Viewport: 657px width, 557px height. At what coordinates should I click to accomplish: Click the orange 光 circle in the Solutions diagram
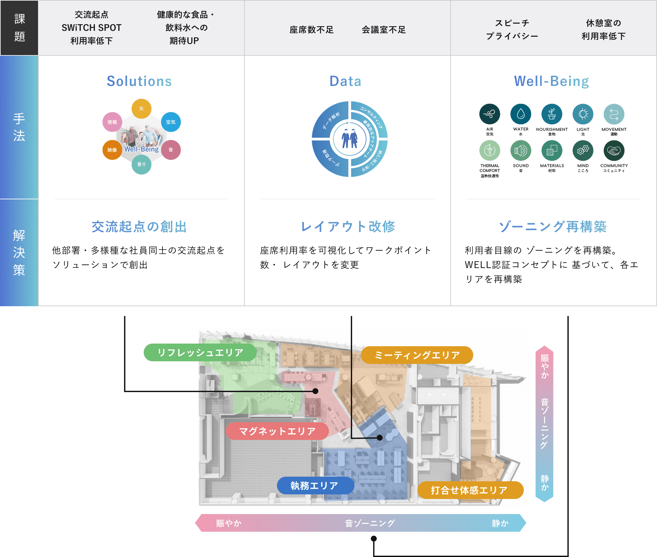pos(141,109)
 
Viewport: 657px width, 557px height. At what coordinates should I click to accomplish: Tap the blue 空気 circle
pos(171,122)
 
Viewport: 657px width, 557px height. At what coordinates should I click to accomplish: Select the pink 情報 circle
pos(112,122)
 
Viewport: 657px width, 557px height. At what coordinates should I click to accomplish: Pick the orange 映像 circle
pos(112,150)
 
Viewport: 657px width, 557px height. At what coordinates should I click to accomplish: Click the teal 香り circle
pos(141,164)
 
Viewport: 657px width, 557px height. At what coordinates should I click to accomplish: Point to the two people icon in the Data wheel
pos(350,139)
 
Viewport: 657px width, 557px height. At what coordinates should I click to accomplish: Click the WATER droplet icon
pos(520,114)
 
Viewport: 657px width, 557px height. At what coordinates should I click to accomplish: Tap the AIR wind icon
pos(490,114)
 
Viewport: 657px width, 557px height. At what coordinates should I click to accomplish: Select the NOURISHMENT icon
pos(552,114)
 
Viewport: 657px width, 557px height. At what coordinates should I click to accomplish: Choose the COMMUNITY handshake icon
pos(614,150)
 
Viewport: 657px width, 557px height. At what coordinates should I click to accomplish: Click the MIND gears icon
pos(583,150)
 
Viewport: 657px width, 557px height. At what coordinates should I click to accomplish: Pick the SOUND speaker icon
pos(520,150)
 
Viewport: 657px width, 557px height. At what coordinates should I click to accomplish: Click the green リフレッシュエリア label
pos(200,352)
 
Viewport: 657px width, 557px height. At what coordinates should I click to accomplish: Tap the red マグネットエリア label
pos(277,431)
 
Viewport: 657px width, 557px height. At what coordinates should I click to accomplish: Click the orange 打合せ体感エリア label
pos(470,490)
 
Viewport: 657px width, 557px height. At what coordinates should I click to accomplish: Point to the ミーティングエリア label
pos(417,355)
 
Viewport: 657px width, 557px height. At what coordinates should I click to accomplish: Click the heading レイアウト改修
pos(348,227)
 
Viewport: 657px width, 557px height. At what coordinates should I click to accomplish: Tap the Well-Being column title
pos(552,81)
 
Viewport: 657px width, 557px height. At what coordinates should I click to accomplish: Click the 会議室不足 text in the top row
pos(384,30)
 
